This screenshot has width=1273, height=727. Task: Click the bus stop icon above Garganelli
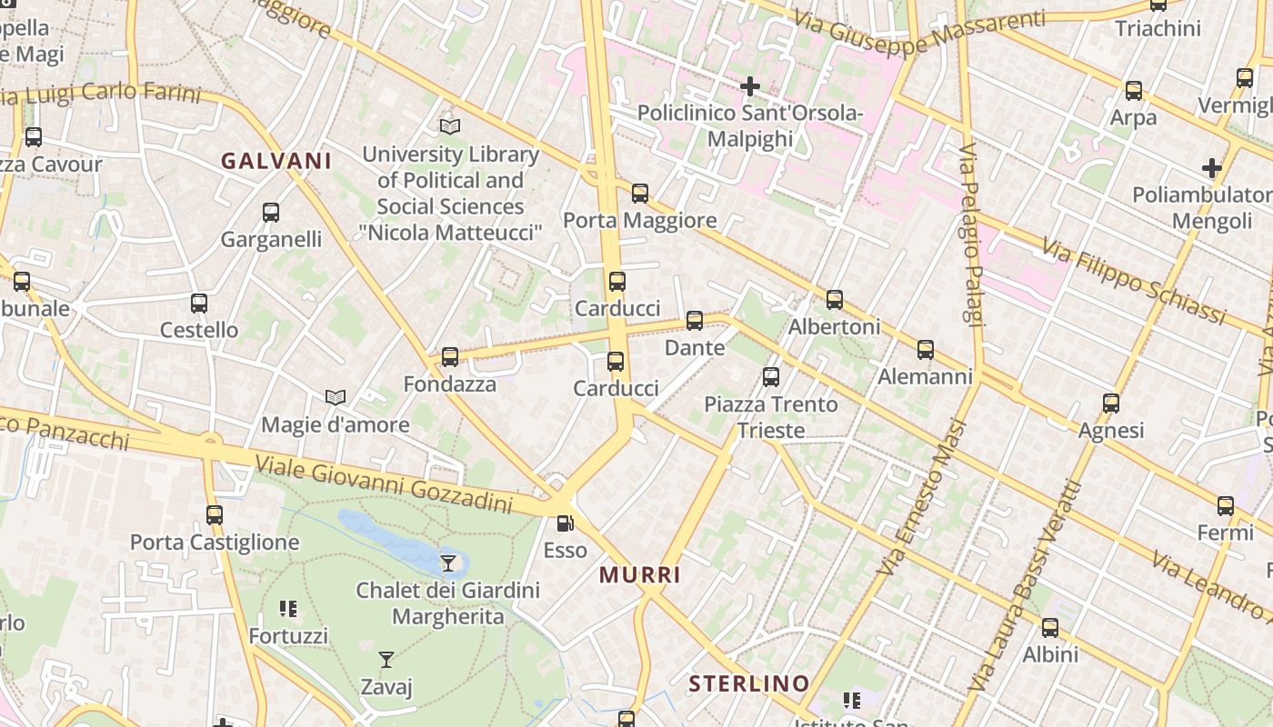271,213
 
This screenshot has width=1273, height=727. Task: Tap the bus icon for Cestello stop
199,304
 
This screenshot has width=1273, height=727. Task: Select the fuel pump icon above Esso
565,523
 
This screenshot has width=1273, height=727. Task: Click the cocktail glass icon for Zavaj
386,660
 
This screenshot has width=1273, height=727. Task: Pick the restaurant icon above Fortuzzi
288,609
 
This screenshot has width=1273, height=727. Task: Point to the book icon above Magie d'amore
336,398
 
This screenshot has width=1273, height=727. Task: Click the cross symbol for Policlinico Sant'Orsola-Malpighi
750,86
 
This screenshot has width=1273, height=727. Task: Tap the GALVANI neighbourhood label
276,161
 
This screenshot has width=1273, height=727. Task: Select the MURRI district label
640,574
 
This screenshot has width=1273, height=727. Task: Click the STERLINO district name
748,683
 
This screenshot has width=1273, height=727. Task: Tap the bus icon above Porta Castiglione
215,515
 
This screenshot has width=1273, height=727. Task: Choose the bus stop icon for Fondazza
450,357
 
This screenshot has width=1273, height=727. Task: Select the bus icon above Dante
695,321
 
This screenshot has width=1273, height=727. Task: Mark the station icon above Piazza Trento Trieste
771,377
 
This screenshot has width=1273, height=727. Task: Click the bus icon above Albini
1050,627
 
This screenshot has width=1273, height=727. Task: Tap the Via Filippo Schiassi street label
1134,281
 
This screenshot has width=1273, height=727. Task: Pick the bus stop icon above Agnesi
1110,403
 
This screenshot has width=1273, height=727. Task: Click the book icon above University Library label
450,127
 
